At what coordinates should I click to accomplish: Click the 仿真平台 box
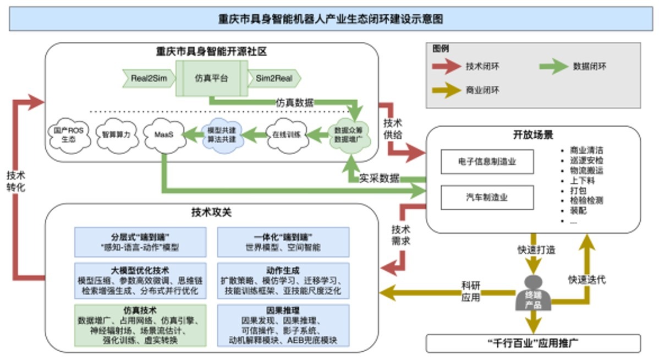click(212, 78)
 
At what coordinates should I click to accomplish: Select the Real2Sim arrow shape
click(148, 78)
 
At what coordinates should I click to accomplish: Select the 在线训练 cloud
click(284, 134)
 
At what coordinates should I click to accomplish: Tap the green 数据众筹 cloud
click(350, 134)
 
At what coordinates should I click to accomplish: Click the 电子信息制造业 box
click(487, 162)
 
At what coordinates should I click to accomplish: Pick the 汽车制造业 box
click(487, 197)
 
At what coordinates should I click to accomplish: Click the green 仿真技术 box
click(140, 325)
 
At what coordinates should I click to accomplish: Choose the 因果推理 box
click(283, 325)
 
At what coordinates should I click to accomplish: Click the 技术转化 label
click(15, 181)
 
